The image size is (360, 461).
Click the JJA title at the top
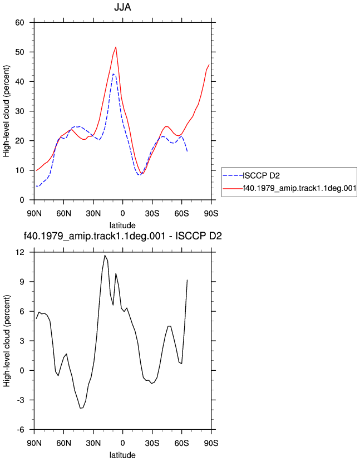click(x=122, y=7)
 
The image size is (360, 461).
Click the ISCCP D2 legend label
click(x=261, y=176)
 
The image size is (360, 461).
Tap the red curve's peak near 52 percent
click(x=116, y=47)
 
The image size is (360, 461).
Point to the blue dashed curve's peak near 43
click(x=114, y=74)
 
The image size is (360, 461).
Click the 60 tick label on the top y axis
click(x=19, y=22)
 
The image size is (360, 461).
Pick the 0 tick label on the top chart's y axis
click(x=22, y=200)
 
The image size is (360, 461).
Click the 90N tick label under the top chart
click(x=34, y=213)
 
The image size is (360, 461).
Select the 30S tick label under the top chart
click(x=152, y=213)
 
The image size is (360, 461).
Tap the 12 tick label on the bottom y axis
click(x=19, y=252)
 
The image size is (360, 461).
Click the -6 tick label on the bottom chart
click(x=19, y=429)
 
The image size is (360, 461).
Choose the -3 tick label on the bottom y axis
click(x=19, y=400)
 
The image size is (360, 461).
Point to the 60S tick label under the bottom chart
click(x=181, y=443)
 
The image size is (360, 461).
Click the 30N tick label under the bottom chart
click(x=93, y=443)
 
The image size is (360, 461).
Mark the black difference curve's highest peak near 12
click(x=105, y=255)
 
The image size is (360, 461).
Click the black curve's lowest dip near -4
click(x=81, y=408)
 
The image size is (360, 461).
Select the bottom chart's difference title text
click(x=122, y=236)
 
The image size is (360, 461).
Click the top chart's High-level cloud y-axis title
click(x=7, y=111)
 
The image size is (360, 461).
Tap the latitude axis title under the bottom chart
click(x=122, y=455)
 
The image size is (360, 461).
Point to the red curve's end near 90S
click(x=209, y=65)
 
